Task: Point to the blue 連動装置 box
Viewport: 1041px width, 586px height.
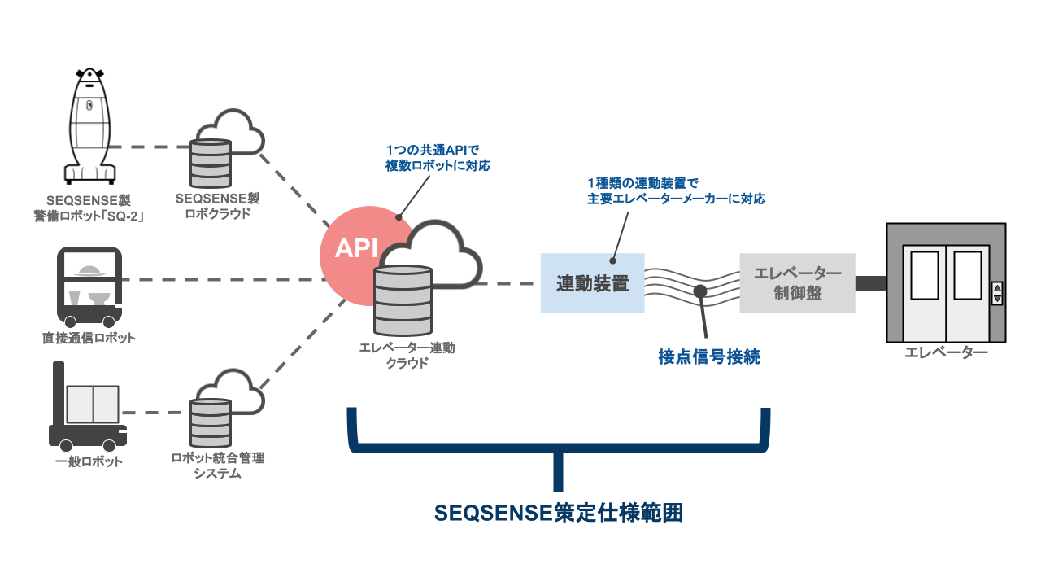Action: pyautogui.click(x=592, y=283)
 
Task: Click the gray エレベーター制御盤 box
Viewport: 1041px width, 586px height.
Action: pyautogui.click(x=797, y=283)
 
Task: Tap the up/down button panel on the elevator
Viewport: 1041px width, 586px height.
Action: pyautogui.click(x=997, y=294)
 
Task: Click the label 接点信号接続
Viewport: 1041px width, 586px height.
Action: pyautogui.click(x=708, y=356)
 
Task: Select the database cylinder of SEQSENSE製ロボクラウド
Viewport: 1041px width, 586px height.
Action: pyautogui.click(x=210, y=164)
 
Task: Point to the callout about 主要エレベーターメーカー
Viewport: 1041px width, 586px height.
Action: pyautogui.click(x=676, y=190)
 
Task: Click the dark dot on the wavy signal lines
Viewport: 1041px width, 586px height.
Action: pyautogui.click(x=699, y=291)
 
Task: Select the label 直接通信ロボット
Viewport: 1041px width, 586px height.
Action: pyautogui.click(x=89, y=337)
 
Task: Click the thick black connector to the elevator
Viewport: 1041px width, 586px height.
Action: pyautogui.click(x=870, y=283)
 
